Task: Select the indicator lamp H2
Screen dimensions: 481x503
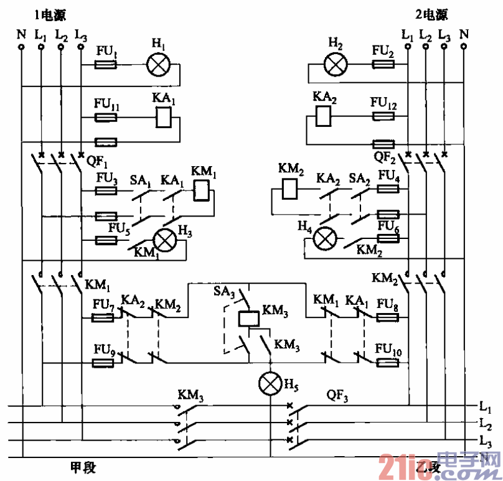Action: coord(336,64)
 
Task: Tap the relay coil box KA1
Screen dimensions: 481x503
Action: coord(162,117)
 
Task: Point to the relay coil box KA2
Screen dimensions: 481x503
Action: coord(323,116)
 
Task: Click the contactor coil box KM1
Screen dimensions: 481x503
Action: coord(201,190)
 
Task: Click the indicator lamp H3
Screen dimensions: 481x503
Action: coord(165,240)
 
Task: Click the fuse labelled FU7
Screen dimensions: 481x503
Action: coord(103,318)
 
